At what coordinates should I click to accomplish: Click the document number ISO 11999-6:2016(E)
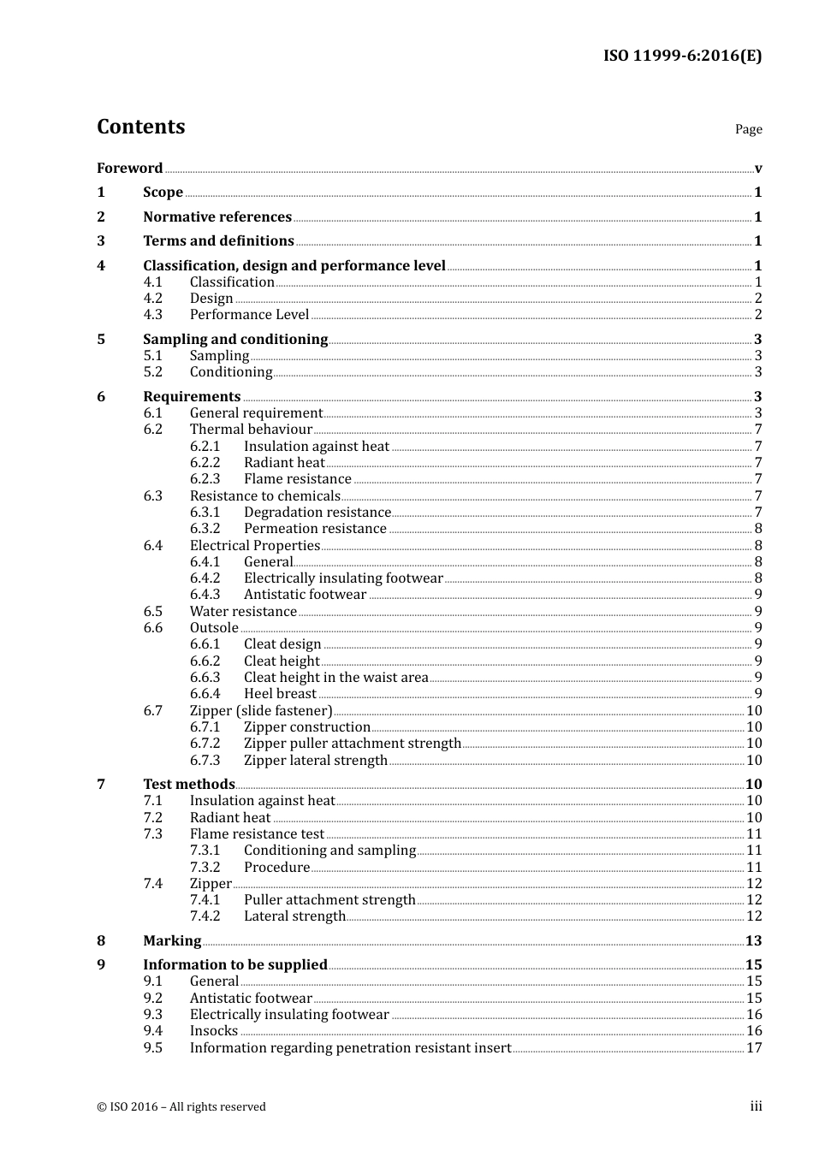(682, 56)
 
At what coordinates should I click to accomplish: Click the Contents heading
(140, 127)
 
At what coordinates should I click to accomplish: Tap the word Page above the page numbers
(748, 129)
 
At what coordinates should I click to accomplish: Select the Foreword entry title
(129, 168)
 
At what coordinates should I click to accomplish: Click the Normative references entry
(217, 216)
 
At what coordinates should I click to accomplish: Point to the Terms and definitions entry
(218, 240)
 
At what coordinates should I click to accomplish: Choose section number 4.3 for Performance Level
(152, 314)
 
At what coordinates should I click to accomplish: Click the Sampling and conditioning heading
(235, 339)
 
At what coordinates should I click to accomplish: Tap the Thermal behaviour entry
(251, 429)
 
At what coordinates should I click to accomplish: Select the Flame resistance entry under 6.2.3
(297, 478)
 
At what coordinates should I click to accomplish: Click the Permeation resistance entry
(315, 528)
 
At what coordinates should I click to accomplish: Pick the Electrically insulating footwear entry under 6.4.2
(343, 578)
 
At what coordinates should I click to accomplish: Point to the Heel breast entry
(280, 693)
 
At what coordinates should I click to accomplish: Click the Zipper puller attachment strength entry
(352, 743)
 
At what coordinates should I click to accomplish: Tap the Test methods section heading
(188, 784)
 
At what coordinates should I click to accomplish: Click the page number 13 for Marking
(753, 940)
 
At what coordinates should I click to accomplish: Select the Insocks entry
(213, 1030)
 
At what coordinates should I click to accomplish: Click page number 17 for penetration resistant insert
(753, 1047)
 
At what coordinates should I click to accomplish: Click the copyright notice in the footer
(181, 1106)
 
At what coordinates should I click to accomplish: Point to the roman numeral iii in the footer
(756, 1106)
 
